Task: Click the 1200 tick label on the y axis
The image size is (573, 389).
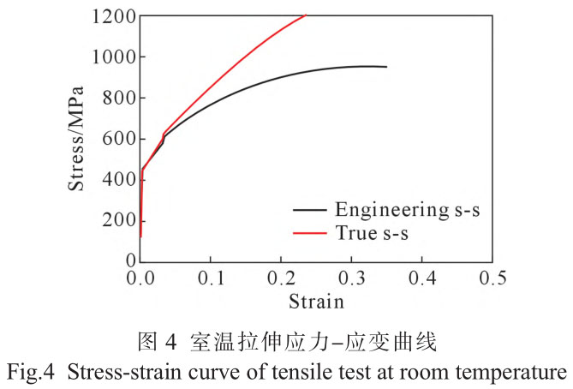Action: pyautogui.click(x=111, y=16)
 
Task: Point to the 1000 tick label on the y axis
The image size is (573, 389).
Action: pyautogui.click(x=111, y=57)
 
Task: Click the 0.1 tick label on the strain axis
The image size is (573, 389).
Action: pyautogui.click(x=211, y=278)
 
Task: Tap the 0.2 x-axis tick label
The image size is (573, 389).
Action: pyautogui.click(x=281, y=278)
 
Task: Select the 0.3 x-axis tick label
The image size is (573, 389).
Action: pyautogui.click(x=351, y=278)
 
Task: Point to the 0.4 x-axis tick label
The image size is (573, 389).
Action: pyautogui.click(x=421, y=278)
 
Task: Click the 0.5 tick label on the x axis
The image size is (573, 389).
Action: pyautogui.click(x=492, y=278)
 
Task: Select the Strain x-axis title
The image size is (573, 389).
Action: pyautogui.click(x=315, y=301)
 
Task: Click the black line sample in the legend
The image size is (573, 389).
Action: pyautogui.click(x=309, y=209)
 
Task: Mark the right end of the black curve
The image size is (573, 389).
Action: pyautogui.click(x=386, y=67)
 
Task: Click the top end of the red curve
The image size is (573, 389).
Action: pyautogui.click(x=305, y=15)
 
